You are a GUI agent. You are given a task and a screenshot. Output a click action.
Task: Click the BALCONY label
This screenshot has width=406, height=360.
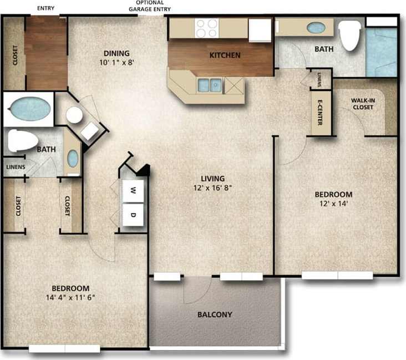[214, 315]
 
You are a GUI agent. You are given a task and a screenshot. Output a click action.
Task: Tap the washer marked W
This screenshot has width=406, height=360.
[133, 190]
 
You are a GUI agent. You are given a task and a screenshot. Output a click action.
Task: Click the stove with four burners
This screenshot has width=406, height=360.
[207, 27]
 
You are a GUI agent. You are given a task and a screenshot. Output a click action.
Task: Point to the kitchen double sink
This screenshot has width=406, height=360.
[210, 85]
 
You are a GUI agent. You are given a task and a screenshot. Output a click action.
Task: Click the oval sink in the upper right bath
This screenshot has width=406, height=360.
[316, 27]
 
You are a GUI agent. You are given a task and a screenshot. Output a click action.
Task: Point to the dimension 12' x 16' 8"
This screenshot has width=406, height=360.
[213, 187]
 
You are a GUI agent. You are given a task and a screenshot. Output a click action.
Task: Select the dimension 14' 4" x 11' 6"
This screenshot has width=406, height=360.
[70, 297]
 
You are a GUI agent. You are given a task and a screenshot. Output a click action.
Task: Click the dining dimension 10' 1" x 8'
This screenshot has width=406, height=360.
[117, 63]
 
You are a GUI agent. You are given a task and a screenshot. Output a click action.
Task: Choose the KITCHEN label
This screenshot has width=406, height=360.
[225, 55]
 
